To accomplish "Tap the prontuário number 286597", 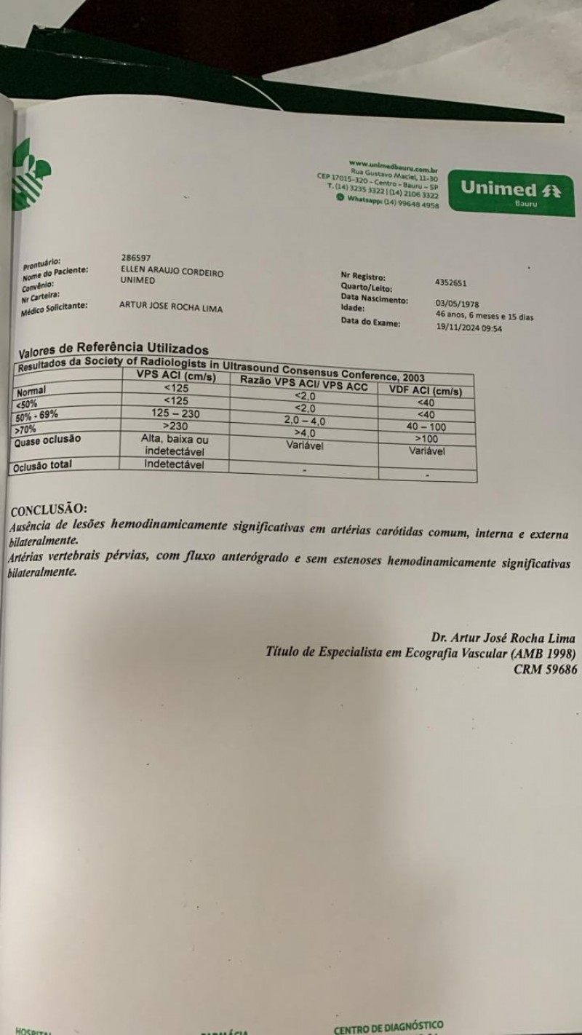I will click(x=137, y=257).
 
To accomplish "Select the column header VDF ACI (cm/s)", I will click(x=426, y=391).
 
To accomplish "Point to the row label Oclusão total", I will click(x=43, y=465).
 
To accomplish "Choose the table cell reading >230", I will click(x=176, y=425).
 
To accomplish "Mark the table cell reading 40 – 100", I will click(x=426, y=427).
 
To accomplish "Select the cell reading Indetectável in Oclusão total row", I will click(x=175, y=464).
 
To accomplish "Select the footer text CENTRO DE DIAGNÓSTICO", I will click(x=388, y=1028).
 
